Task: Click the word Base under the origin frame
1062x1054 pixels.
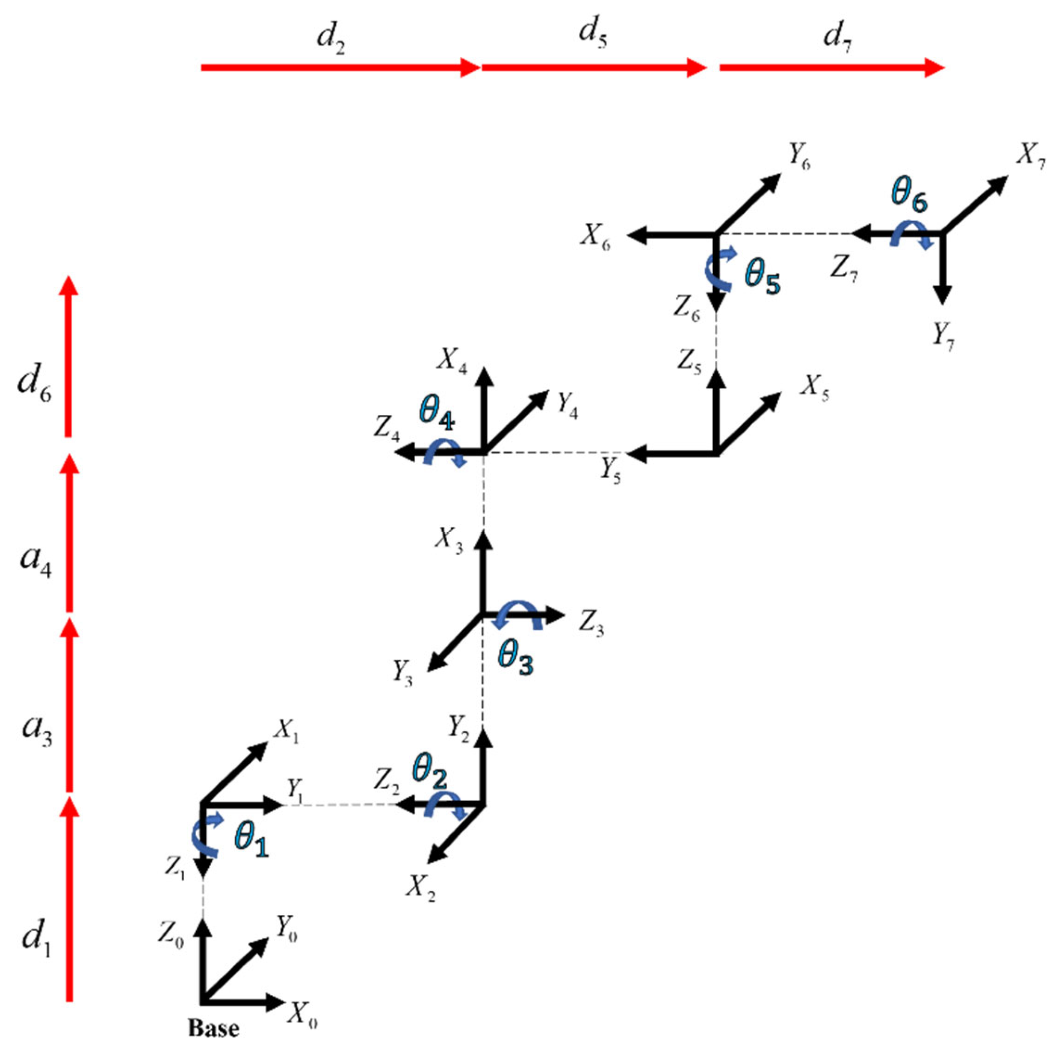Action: pos(214,1027)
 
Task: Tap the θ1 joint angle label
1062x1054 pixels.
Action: pos(251,841)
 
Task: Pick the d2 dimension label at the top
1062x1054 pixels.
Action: pos(332,38)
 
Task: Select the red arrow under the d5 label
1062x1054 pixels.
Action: pos(594,68)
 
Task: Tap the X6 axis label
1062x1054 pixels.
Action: pos(595,238)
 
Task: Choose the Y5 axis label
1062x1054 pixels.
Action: pos(610,470)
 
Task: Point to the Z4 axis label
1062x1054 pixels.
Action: pos(387,427)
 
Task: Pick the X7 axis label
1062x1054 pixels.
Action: pos(1029,158)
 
